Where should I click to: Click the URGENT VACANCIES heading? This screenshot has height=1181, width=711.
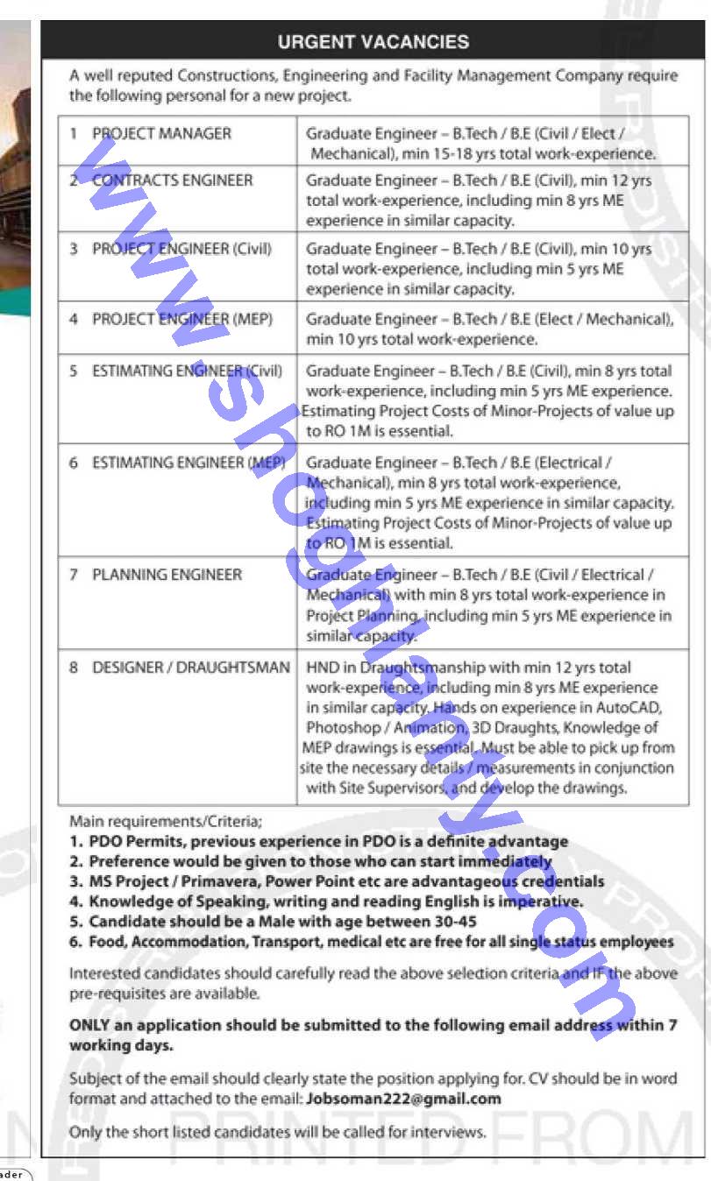click(x=373, y=41)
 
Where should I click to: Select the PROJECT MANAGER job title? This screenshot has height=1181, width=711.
click(x=161, y=134)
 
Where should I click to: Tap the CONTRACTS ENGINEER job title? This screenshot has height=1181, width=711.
click(x=172, y=180)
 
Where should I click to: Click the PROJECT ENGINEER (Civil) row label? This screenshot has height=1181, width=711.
click(x=181, y=249)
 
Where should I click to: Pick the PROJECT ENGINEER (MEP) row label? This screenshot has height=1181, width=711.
click(x=181, y=319)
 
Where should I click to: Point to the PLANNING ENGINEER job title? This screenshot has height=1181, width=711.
click(x=167, y=575)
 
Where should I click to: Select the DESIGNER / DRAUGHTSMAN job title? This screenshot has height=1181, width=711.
click(x=190, y=668)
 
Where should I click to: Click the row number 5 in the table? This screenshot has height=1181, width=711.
click(x=74, y=371)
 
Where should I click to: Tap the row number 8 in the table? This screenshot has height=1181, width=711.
click(x=74, y=668)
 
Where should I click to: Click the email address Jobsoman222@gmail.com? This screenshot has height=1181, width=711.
click(x=403, y=1099)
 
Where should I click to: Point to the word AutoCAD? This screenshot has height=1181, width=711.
click(x=631, y=708)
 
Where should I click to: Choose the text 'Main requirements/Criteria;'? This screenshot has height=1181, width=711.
click(x=165, y=822)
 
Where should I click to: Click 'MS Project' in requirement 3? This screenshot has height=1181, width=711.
click(x=127, y=881)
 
